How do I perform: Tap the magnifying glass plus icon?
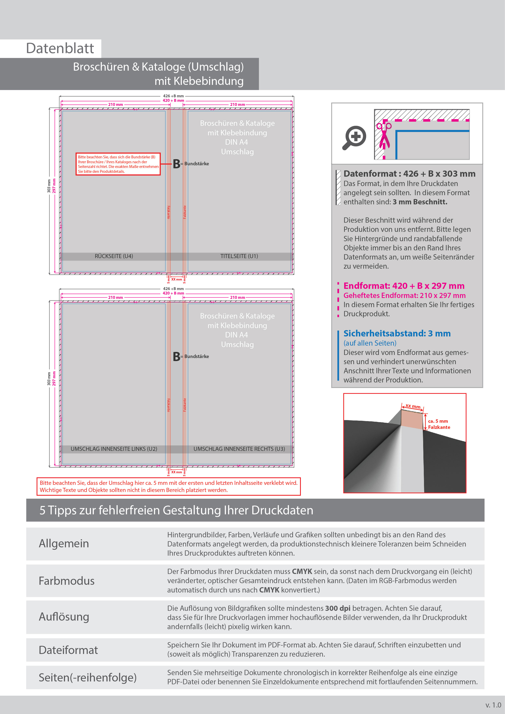click(x=355, y=137)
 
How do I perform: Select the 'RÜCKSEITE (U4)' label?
click(x=114, y=256)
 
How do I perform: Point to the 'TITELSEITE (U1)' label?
click(x=239, y=256)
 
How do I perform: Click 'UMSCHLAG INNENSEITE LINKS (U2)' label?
click(x=114, y=449)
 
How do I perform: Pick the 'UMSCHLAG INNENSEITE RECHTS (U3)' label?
click(x=239, y=449)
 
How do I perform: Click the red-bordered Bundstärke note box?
click(x=118, y=164)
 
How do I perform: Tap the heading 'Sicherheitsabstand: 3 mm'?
click(x=397, y=333)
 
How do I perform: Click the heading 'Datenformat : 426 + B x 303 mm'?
click(x=409, y=174)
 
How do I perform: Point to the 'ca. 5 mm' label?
click(x=438, y=421)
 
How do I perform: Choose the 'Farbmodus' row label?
click(x=67, y=581)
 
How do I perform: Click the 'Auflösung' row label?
click(x=64, y=617)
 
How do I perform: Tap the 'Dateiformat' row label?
click(x=68, y=650)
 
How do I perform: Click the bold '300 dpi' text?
click(x=337, y=608)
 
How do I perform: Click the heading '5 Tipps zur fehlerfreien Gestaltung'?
click(x=176, y=510)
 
